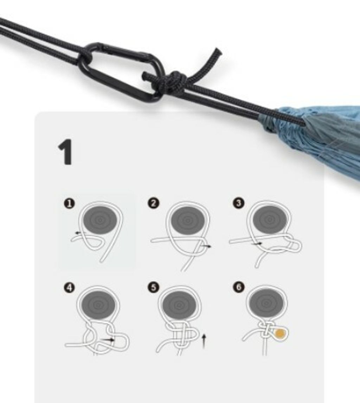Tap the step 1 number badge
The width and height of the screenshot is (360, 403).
coord(69,204)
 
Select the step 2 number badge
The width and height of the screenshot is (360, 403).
coord(153,203)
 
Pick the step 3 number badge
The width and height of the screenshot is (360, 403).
coord(239,203)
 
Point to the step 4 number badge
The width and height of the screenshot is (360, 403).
coord(70,287)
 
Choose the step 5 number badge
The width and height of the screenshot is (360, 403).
coord(153,287)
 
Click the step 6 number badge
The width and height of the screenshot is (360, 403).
coord(239,287)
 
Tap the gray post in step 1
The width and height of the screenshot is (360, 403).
coord(100,220)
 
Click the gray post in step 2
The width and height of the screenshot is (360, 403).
coord(188,220)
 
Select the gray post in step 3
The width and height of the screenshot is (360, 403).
coord(270,219)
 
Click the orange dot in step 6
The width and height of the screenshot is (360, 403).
coord(280,334)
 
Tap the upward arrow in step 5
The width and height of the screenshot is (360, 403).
coord(204,341)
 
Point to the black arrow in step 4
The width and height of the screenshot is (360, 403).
coord(108,340)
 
